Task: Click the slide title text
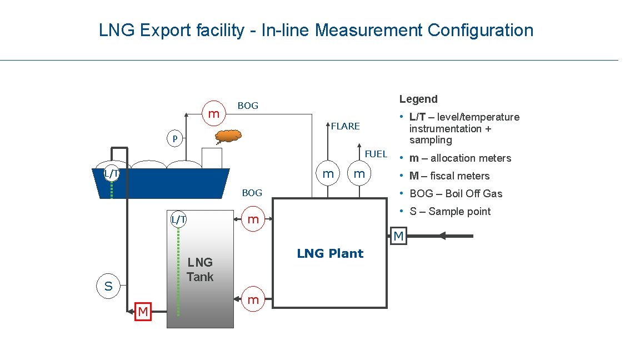[x=316, y=30]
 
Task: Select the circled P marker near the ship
[x=174, y=138]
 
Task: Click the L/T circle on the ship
[x=111, y=173]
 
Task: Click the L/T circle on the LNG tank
[x=178, y=219]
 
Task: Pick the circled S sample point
[x=108, y=287]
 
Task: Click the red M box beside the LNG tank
[x=143, y=312]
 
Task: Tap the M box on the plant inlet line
[x=399, y=236]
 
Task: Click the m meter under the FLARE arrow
[x=328, y=174]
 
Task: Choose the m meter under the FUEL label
[x=359, y=174]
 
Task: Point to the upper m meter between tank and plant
[x=253, y=219]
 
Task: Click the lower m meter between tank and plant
[x=253, y=300]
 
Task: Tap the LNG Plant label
[x=330, y=254]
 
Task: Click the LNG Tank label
[x=200, y=269]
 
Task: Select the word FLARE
[x=345, y=126]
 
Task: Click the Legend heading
[x=418, y=99]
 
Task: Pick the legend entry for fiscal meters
[x=449, y=176]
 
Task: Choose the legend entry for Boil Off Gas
[x=456, y=194]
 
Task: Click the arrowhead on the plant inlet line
[x=443, y=236]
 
